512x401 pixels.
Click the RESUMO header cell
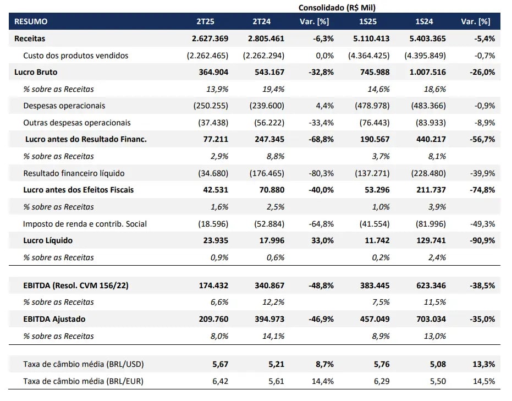point(31,21)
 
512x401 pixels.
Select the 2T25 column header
point(205,21)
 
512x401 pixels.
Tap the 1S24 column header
point(424,21)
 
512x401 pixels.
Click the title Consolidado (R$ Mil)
point(337,8)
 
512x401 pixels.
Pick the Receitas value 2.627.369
point(210,39)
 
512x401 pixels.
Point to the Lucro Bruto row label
point(36,72)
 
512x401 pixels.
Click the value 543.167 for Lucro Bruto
point(269,72)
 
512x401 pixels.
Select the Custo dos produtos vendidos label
point(76,56)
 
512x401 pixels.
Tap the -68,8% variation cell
point(321,139)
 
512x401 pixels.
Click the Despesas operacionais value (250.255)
point(211,106)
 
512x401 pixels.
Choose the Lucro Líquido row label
point(48,241)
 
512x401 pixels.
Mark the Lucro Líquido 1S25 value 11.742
point(377,241)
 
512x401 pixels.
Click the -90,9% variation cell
point(482,241)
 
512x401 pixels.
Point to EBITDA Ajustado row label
point(54,319)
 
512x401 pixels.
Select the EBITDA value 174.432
point(213,285)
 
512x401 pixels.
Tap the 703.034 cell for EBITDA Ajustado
point(431,319)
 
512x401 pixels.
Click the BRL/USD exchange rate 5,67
point(221,364)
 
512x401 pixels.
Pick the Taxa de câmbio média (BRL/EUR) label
point(83,381)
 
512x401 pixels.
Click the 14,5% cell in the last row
point(484,381)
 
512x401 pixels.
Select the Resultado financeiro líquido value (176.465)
point(267,173)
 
